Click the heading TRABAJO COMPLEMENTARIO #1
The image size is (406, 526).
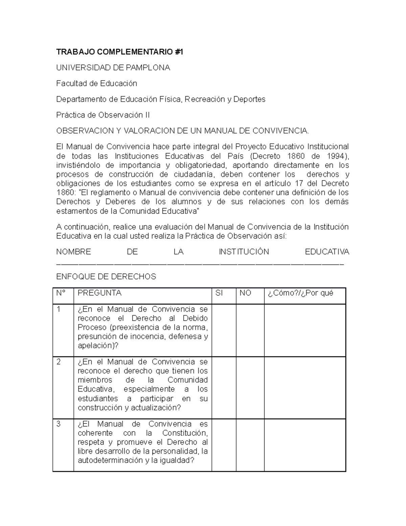[119, 52]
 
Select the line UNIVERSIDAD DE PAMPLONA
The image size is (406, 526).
[113, 68]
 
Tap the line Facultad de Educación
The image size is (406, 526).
[96, 83]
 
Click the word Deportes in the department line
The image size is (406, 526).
[249, 99]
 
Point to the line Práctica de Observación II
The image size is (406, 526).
[103, 115]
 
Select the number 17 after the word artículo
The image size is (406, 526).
[300, 184]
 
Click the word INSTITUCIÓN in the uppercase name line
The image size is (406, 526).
[244, 252]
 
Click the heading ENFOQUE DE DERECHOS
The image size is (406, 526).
[106, 277]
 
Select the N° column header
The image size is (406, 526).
[61, 293]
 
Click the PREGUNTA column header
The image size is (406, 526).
[99, 293]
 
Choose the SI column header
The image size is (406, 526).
[219, 293]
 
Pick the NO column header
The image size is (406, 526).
[245, 293]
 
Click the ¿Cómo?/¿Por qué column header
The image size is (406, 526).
[300, 293]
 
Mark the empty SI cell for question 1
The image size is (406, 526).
[224, 330]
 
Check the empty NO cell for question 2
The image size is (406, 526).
[250, 387]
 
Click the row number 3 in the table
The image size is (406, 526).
[59, 424]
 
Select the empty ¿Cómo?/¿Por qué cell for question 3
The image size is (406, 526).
[304, 445]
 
